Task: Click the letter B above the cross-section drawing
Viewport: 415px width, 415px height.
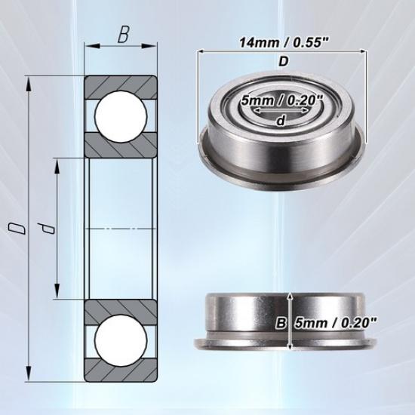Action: click(x=123, y=35)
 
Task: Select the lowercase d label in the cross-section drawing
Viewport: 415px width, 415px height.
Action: click(x=49, y=229)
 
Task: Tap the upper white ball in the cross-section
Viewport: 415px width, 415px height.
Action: click(x=119, y=115)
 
